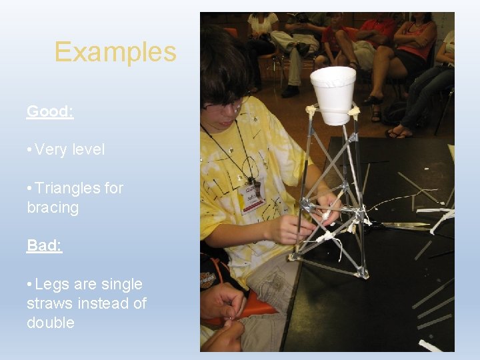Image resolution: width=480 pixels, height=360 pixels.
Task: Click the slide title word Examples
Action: tap(115, 52)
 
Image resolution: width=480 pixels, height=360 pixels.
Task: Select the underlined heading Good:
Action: tap(50, 111)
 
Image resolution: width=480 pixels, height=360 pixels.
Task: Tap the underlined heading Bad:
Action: tap(44, 245)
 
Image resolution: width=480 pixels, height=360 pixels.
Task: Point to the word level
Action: tap(88, 149)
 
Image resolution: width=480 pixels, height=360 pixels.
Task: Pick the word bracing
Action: tap(53, 207)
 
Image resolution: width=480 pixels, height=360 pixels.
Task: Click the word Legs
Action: tap(51, 284)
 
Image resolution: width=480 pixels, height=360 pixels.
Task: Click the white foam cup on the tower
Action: tap(333, 93)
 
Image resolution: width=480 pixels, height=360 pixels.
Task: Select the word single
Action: tap(121, 284)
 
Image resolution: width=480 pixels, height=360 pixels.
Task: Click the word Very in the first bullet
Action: tap(49, 149)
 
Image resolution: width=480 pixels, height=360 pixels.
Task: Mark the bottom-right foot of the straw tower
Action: tap(363, 273)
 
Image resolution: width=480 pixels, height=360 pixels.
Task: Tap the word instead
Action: tap(105, 303)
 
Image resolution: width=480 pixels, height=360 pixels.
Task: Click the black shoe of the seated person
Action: tap(291, 91)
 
